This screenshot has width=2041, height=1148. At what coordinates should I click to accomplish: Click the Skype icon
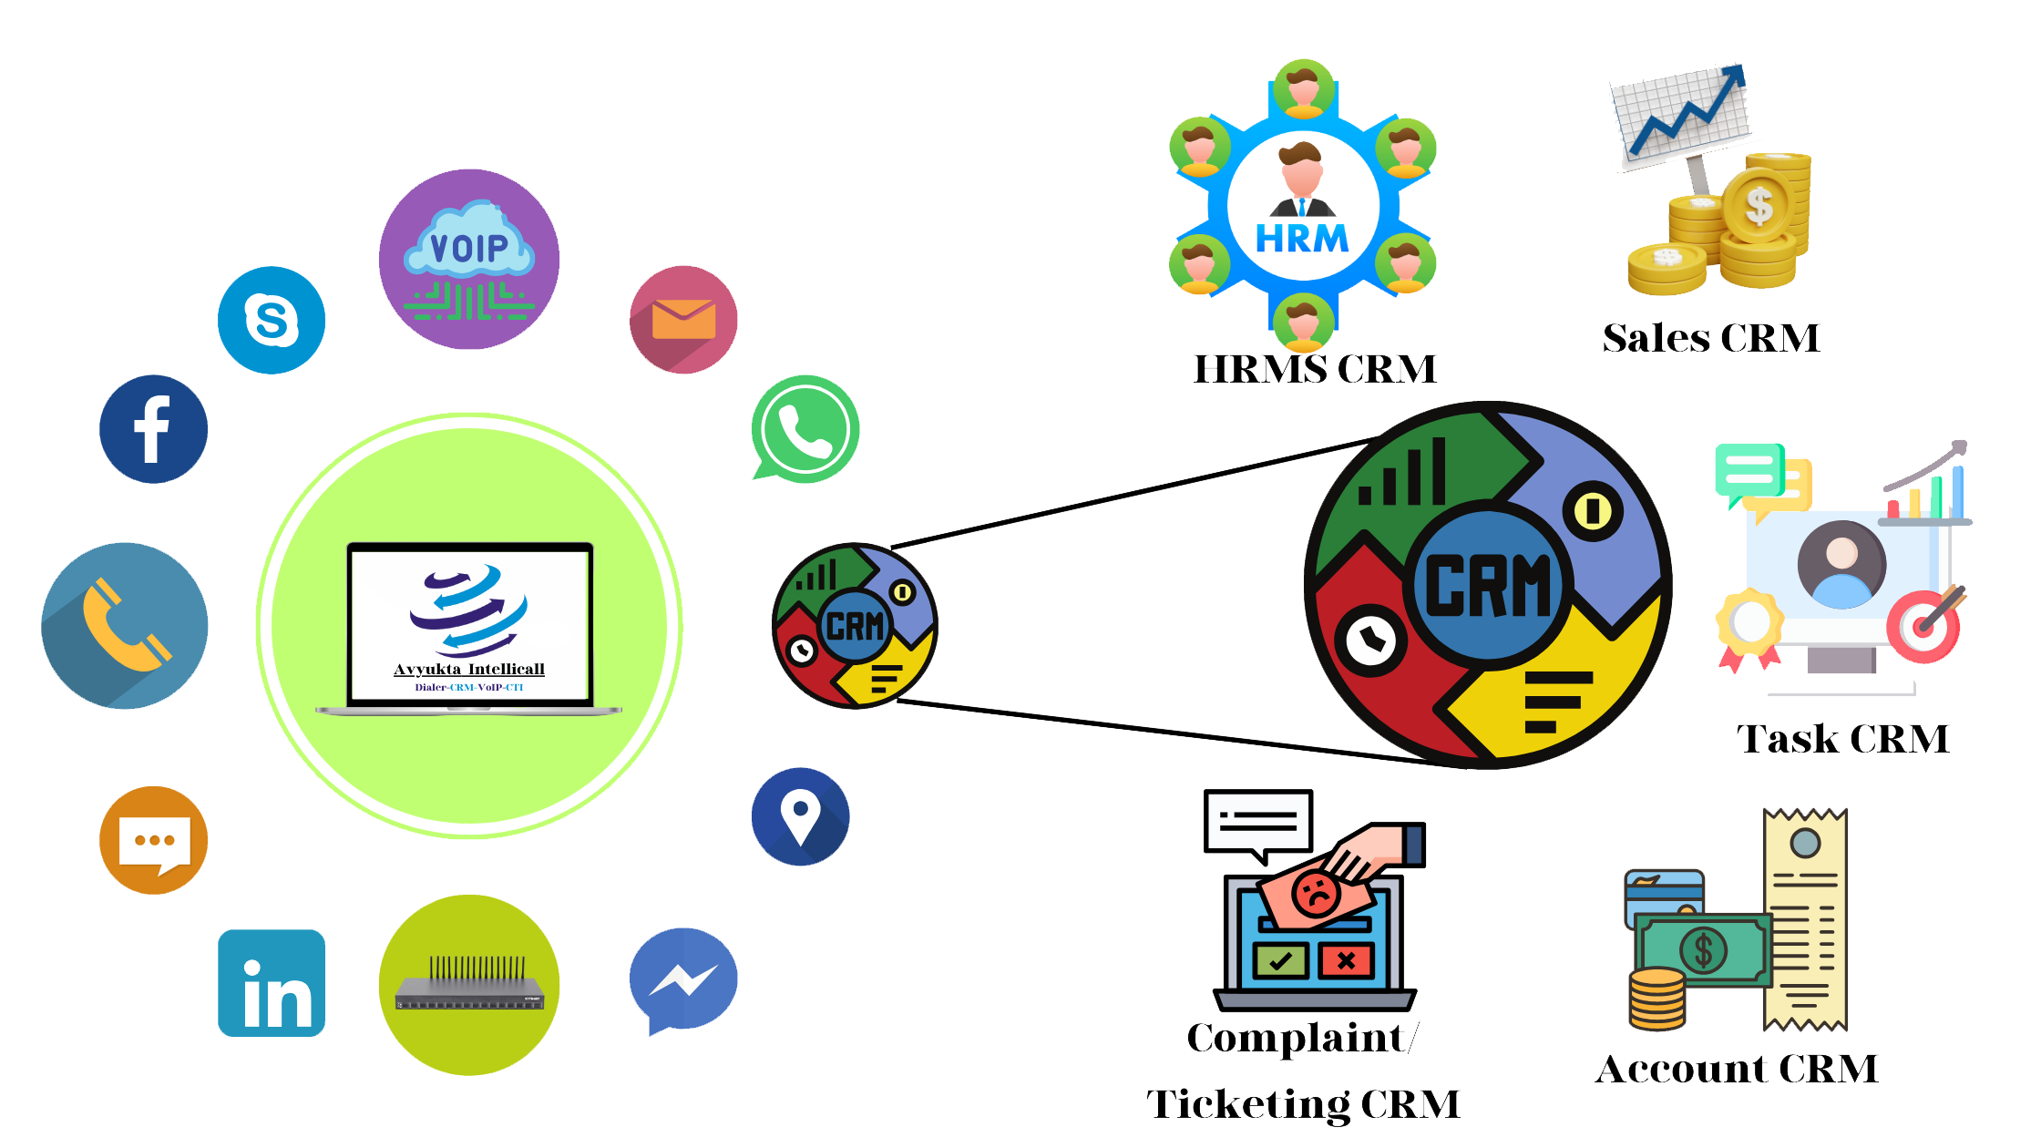272,320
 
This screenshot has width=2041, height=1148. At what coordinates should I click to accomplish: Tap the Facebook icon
153,429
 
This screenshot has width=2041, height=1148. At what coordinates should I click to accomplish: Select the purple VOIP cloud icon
469,259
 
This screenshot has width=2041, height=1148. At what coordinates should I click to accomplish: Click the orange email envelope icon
683,320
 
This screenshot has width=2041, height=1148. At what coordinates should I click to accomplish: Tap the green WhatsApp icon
805,429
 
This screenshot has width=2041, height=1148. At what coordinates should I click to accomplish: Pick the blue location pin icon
800,816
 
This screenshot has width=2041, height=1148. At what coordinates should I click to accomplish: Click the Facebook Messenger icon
683,980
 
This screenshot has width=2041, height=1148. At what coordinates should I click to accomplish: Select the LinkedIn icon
272,983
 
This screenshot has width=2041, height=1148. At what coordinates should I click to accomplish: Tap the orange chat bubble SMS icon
153,840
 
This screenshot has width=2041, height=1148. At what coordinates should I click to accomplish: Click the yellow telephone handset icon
125,626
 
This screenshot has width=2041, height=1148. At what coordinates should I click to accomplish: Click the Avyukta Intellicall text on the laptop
469,670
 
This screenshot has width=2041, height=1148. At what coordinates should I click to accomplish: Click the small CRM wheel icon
854,626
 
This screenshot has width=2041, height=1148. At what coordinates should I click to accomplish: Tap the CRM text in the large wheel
1487,586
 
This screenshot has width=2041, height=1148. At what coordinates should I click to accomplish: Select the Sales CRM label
1711,338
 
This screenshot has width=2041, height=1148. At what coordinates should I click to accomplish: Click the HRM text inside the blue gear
1302,239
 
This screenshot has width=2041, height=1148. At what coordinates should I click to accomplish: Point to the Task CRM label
1842,739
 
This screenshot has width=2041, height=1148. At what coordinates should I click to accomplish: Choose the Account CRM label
1737,1069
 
